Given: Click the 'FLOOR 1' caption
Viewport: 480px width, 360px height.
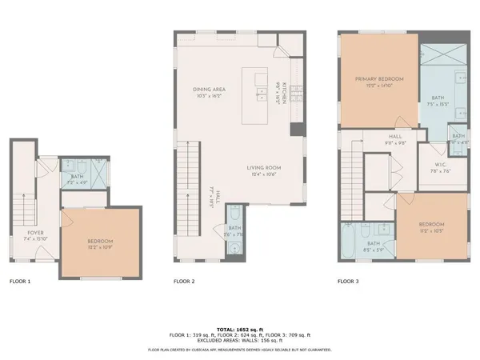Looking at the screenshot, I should [x=20, y=282].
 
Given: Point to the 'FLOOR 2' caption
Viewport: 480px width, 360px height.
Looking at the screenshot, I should [x=186, y=282].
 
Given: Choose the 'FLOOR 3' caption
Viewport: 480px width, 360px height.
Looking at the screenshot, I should [x=349, y=282].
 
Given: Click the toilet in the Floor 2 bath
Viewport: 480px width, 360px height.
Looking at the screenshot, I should [x=235, y=215].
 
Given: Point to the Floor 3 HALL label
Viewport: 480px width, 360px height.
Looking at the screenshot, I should [x=395, y=137].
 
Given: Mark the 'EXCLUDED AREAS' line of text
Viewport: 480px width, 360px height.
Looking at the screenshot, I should [x=239, y=340].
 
